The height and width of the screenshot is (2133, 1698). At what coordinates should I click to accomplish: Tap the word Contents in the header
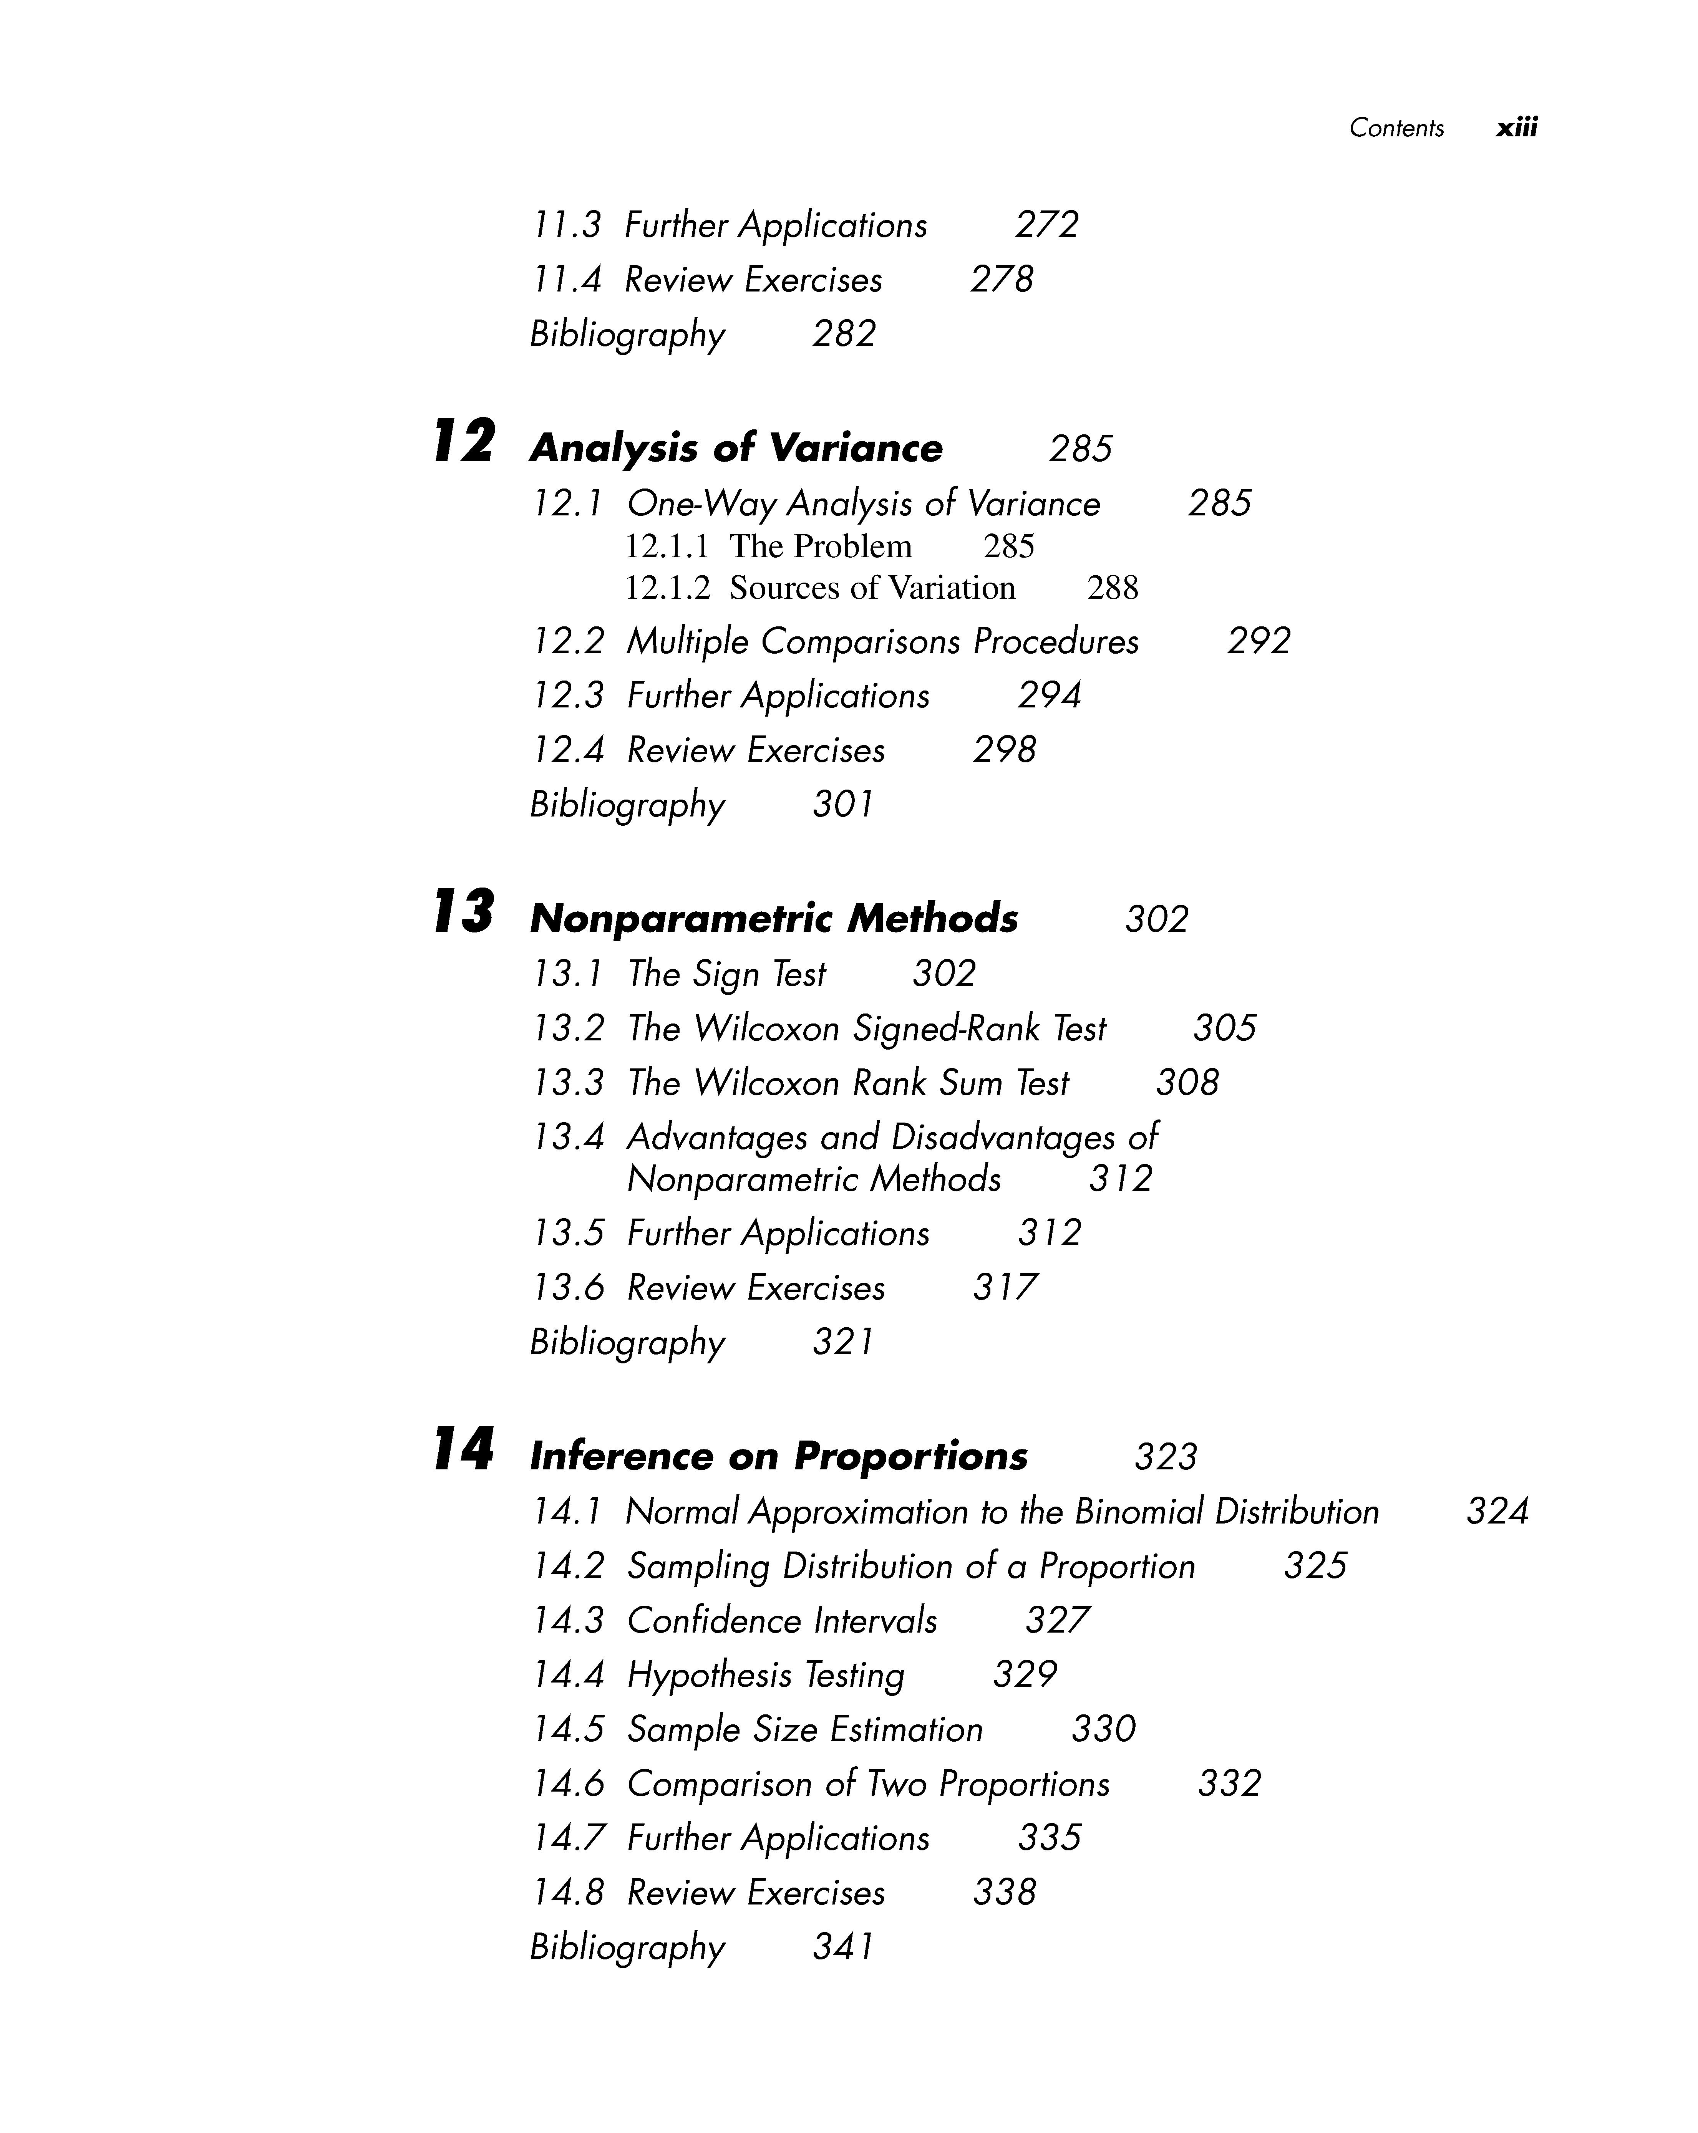click(1396, 128)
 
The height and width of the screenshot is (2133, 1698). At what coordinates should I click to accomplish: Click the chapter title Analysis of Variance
click(736, 448)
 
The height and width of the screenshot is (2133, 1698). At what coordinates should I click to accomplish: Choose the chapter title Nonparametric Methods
click(774, 919)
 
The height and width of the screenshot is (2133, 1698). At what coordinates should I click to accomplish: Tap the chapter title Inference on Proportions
click(779, 1456)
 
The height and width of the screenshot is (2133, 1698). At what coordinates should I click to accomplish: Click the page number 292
click(1259, 641)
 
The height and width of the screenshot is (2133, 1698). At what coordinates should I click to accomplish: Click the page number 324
click(1497, 1512)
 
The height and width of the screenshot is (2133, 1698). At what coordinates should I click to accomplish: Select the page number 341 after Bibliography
click(843, 1947)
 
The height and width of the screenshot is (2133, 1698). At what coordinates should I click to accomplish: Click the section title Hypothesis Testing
click(766, 1675)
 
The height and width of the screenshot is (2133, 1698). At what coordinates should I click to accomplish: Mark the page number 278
click(1002, 280)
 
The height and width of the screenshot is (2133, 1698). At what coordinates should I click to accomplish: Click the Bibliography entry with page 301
click(627, 804)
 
